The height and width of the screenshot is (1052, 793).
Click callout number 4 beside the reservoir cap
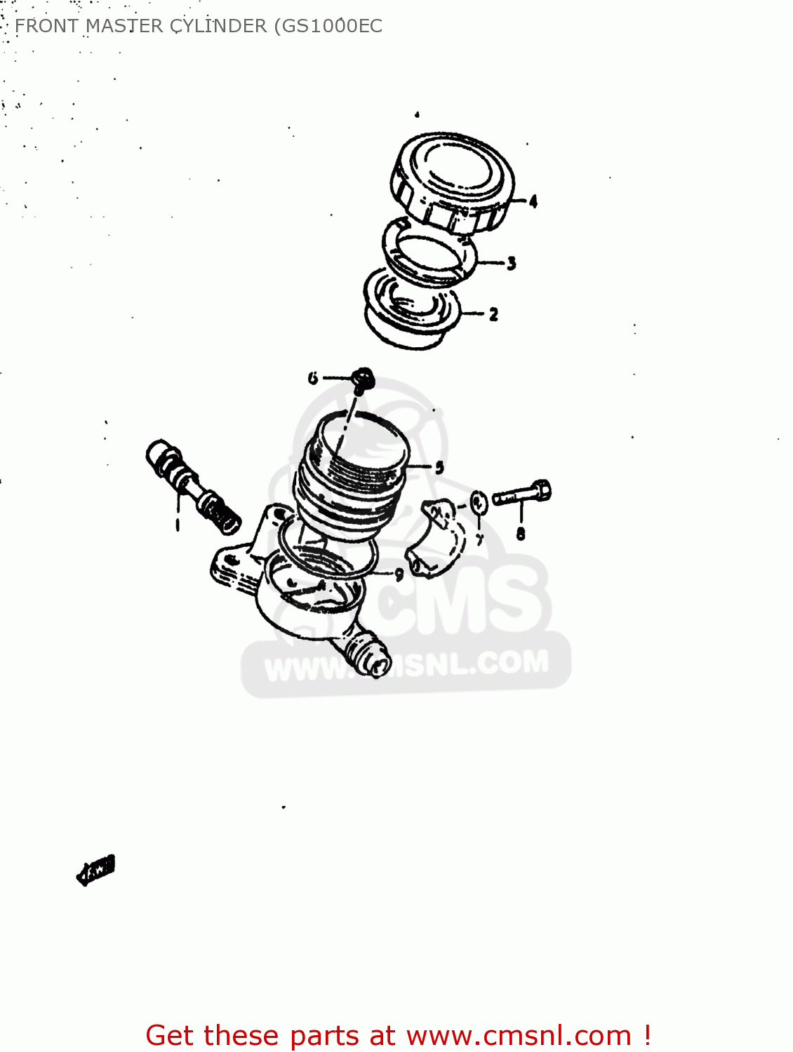533,201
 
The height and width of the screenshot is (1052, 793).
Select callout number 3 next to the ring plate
512,264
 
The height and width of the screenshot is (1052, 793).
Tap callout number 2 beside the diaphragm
493,314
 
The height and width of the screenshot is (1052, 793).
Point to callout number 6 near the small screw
313,378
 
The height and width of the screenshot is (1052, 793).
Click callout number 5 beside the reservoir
439,467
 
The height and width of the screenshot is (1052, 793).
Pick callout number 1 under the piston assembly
178,523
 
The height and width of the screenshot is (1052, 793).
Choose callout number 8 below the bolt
521,534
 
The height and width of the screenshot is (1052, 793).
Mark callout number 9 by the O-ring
399,574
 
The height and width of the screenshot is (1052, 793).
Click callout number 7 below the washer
479,539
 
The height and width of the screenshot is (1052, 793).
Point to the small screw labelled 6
363,379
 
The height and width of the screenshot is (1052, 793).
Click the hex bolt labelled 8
523,494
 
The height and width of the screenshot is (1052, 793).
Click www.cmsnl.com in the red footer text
519,1035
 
